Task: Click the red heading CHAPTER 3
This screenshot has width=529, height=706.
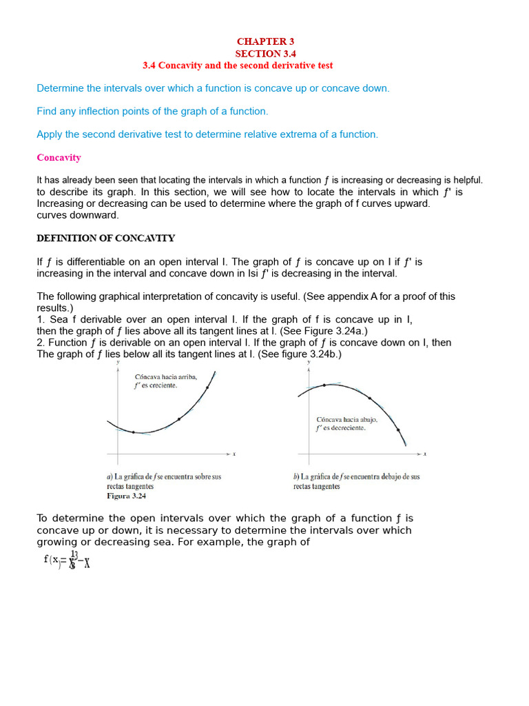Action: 265,41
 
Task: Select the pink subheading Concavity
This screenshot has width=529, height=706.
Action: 59,158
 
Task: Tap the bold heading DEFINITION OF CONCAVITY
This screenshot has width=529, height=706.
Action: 105,239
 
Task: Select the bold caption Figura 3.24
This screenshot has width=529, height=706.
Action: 126,496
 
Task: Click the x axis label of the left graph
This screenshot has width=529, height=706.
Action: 234,454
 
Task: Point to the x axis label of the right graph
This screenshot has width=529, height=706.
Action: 425,454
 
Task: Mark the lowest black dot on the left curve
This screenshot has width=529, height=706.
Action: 134,432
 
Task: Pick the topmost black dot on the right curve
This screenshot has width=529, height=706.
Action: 324,385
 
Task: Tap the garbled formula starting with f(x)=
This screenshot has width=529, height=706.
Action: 67,560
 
